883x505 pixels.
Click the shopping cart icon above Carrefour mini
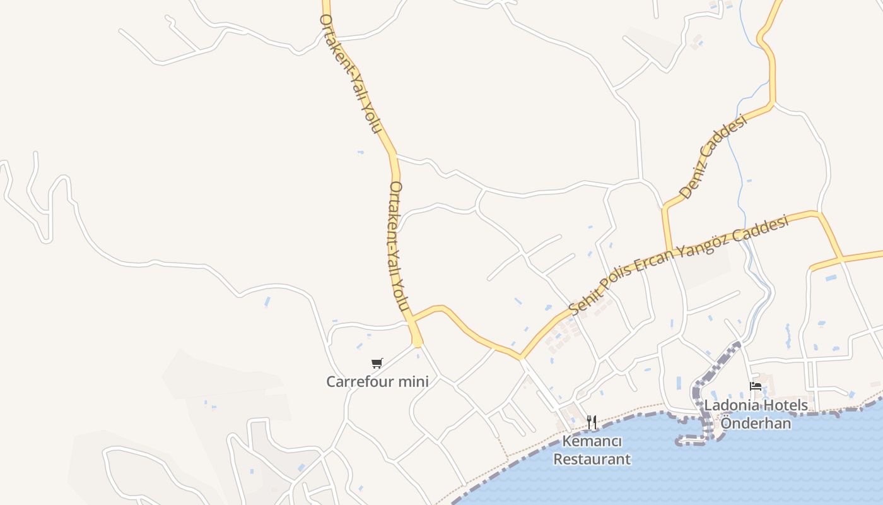click(x=377, y=363)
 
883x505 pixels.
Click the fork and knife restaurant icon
click(x=592, y=422)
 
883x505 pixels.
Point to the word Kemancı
click(x=592, y=441)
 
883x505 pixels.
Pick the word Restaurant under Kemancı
click(x=592, y=459)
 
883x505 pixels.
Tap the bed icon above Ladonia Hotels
click(x=755, y=386)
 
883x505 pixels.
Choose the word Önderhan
click(x=756, y=423)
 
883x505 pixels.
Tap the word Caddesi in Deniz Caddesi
click(x=726, y=140)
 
